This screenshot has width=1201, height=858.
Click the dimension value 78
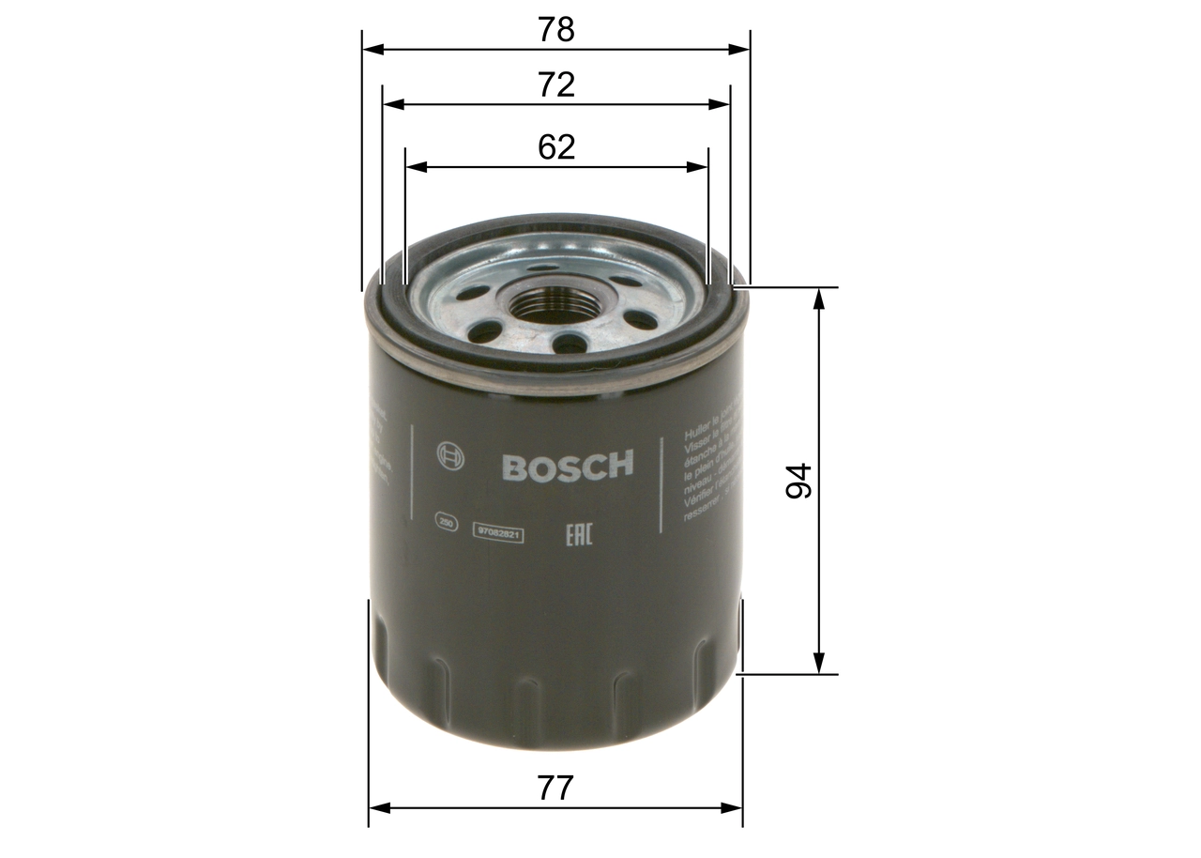(555, 30)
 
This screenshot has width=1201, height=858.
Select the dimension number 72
(555, 85)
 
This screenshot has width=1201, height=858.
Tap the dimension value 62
(555, 147)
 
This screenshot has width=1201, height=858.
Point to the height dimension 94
(798, 480)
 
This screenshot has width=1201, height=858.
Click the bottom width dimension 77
(555, 788)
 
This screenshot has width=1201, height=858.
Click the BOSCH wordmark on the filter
(568, 466)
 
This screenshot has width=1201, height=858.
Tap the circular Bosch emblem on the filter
(450, 457)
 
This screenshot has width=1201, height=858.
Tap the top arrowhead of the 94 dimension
(820, 299)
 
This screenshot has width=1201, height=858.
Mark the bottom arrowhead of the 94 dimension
(820, 663)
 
